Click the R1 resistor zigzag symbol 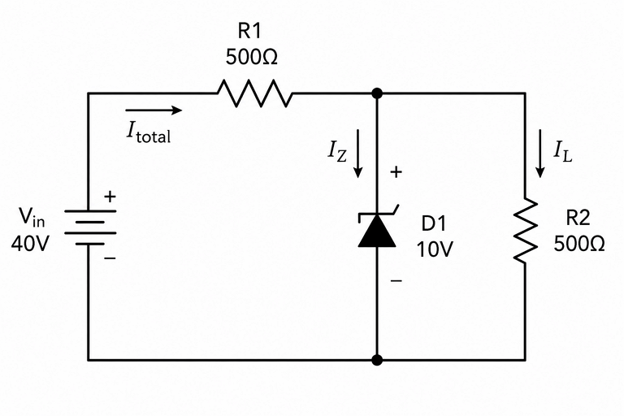click(254, 93)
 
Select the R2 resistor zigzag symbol click(526, 230)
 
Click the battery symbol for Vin click(90, 227)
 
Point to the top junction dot click(377, 93)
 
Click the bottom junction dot click(377, 360)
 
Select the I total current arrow click(154, 110)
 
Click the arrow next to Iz click(358, 154)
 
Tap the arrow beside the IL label click(540, 154)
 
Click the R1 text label click(249, 31)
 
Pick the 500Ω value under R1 click(252, 58)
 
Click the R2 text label click(578, 218)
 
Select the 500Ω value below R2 click(579, 244)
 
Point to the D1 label click(434, 223)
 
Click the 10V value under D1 click(435, 249)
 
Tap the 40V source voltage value click(30, 243)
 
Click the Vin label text click(32, 218)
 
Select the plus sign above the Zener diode click(396, 172)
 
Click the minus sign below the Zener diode click(396, 280)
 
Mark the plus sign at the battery click(110, 197)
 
